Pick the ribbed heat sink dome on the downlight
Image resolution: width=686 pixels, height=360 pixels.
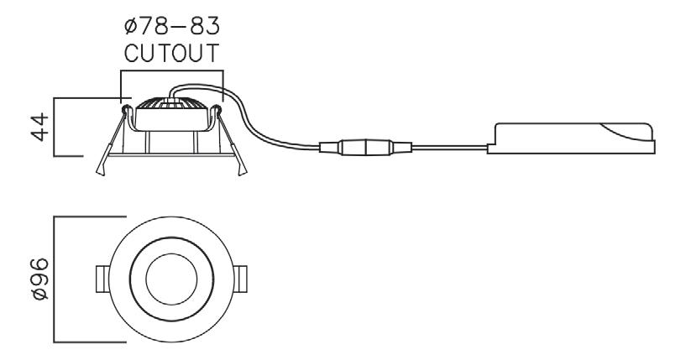click(173, 106)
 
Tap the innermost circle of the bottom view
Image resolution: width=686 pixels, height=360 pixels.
click(171, 279)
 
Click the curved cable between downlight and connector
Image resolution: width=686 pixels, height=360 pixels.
click(260, 126)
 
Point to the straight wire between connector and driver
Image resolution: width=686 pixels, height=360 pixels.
click(445, 149)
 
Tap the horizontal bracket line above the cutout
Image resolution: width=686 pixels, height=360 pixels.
click(172, 72)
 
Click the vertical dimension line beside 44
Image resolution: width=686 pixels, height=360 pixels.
click(55, 127)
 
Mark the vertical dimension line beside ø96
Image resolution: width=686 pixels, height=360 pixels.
click(55, 279)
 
